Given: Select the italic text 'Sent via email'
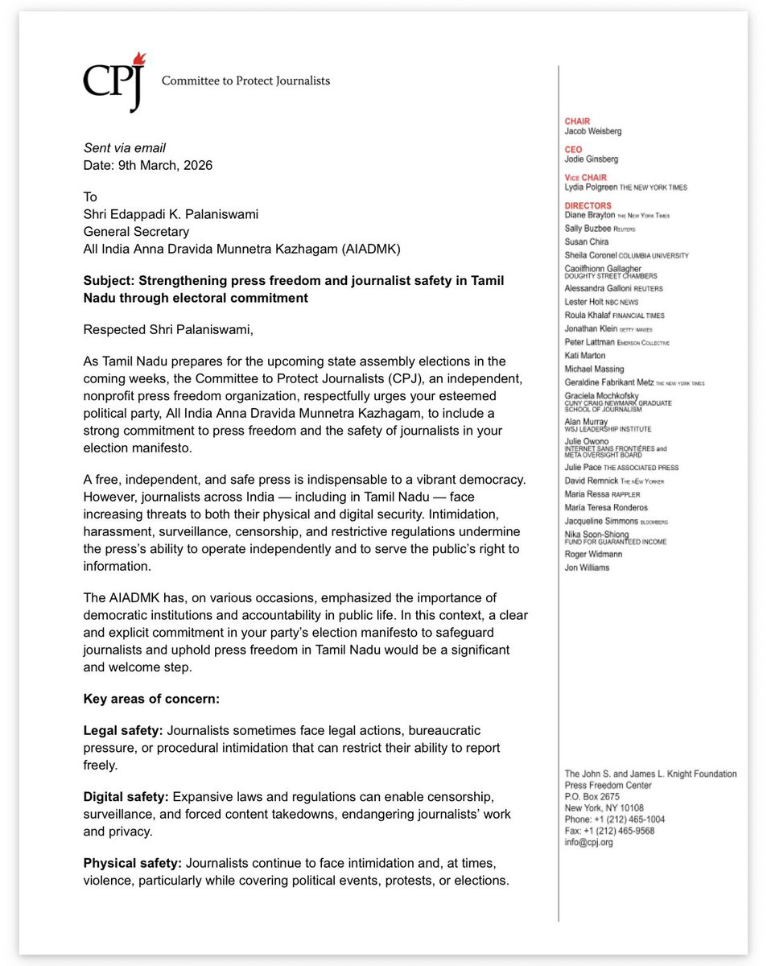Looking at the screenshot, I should coord(125,148).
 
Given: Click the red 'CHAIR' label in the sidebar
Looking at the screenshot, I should coord(577,122).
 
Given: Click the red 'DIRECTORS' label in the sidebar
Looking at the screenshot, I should coord(588,206).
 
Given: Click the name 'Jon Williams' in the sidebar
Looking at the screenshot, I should coord(587,568).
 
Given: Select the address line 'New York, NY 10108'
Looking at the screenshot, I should coord(604,808).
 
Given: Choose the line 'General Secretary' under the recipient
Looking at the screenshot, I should coord(136,233).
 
